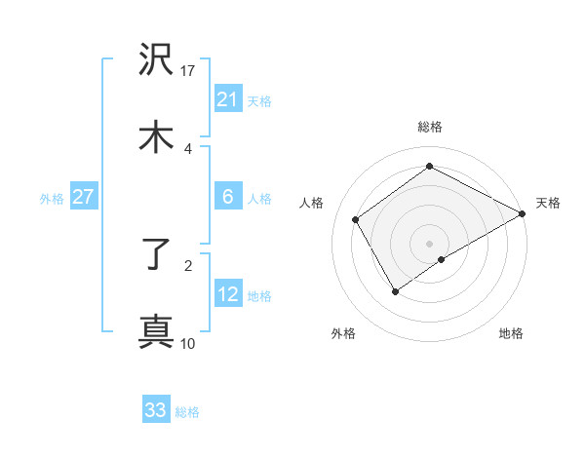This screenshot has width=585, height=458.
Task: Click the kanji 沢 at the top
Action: point(157,60)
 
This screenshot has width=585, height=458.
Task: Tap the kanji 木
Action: point(157,137)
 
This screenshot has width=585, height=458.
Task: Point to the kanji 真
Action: point(157,332)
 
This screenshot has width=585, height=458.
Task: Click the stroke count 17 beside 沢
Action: point(189,71)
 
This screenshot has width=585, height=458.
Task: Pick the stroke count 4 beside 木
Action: point(188,148)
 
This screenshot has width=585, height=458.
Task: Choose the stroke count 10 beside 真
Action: point(188,343)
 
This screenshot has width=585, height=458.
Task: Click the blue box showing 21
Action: point(227,99)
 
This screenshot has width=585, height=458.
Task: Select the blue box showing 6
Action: point(227,197)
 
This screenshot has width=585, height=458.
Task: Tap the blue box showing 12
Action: point(227,294)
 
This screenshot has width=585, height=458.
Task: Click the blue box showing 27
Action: point(83,197)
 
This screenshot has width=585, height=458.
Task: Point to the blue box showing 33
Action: point(156,410)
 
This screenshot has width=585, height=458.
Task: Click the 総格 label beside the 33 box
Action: point(187,412)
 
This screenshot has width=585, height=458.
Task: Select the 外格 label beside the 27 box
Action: point(52,199)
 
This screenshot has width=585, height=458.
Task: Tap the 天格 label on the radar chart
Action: point(548,203)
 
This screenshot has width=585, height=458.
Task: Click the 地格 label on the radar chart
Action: point(511,333)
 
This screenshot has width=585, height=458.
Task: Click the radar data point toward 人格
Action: point(356,219)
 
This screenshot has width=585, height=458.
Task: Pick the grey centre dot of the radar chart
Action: point(429,243)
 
